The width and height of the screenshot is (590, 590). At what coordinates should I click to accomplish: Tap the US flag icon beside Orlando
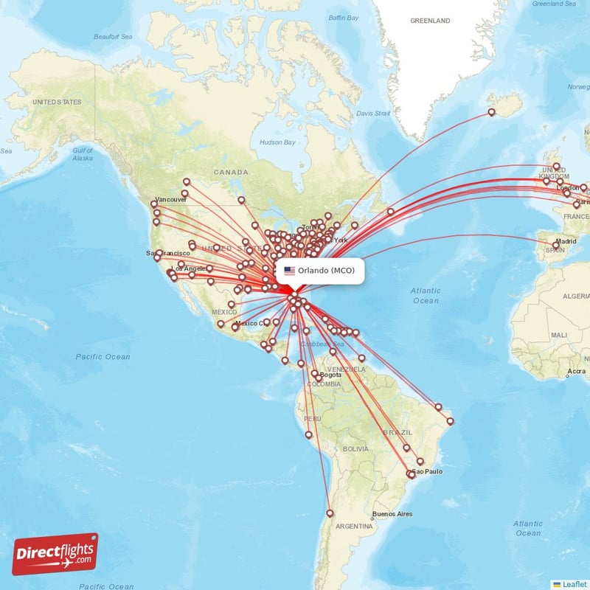(x=289, y=271)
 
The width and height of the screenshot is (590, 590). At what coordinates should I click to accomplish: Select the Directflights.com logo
(x=55, y=554)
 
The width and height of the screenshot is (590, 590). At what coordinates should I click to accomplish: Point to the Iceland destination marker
(x=492, y=113)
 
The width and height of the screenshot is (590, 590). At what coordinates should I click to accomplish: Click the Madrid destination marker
(x=557, y=245)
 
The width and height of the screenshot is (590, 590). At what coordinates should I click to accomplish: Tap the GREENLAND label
(x=429, y=21)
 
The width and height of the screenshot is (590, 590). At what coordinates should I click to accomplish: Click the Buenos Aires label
(x=392, y=514)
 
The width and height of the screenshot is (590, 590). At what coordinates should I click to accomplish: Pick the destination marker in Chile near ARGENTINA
(x=330, y=513)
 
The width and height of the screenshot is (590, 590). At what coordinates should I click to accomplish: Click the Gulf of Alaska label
(x=83, y=153)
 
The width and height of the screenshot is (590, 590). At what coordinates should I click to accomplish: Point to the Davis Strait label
(x=372, y=114)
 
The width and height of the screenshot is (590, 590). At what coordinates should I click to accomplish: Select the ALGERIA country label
(x=577, y=295)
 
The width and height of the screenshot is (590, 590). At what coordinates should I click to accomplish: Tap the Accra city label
(x=577, y=371)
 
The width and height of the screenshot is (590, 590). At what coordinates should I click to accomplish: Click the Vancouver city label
(x=171, y=200)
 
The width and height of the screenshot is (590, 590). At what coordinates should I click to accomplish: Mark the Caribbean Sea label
(x=328, y=344)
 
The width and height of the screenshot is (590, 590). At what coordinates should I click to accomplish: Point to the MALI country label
(x=558, y=335)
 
